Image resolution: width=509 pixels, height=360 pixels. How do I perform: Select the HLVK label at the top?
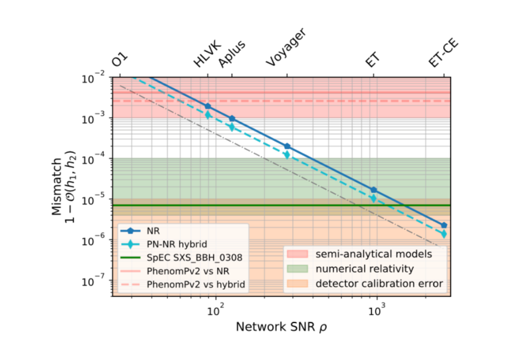(x=207, y=55)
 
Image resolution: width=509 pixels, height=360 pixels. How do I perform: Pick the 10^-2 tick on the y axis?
(x=96, y=77)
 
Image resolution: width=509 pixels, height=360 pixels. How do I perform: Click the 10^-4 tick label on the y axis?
(x=96, y=159)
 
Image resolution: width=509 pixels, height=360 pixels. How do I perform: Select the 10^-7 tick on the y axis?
(x=96, y=281)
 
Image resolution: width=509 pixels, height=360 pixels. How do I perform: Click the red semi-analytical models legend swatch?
(x=300, y=254)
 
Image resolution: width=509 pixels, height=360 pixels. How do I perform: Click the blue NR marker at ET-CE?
(x=444, y=225)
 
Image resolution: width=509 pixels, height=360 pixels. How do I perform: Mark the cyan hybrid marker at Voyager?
(x=287, y=155)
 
